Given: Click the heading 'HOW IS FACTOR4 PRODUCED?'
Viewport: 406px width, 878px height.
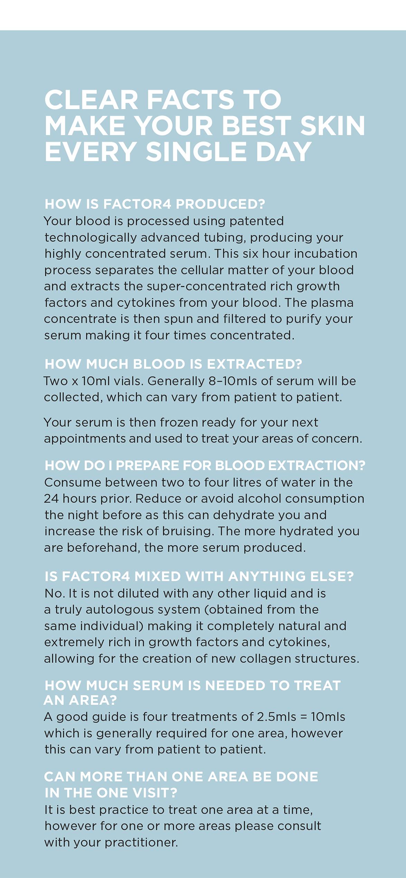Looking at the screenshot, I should (x=154, y=204).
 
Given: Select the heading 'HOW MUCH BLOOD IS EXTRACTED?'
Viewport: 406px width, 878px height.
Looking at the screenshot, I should (x=173, y=364).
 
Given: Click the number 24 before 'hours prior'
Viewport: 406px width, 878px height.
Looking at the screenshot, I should (x=51, y=499).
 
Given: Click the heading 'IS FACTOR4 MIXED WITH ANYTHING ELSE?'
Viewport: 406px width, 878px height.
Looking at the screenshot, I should (x=199, y=576).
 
